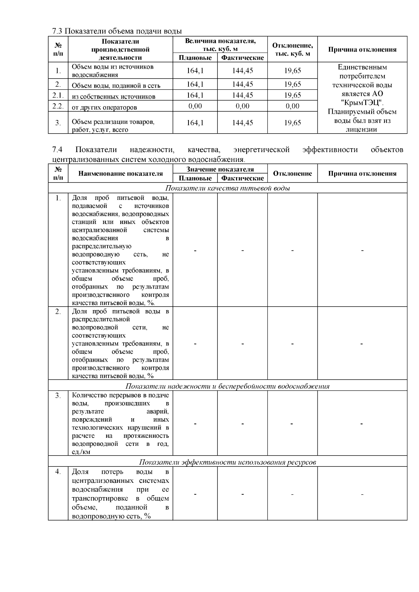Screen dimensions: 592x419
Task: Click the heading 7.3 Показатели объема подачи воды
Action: pyautogui.click(x=117, y=31)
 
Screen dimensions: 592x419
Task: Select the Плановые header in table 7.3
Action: pyautogui.click(x=195, y=58)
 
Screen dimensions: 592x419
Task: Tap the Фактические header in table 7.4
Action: pyautogui.click(x=242, y=178)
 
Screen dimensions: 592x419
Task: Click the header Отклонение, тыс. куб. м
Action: pyautogui.click(x=292, y=50)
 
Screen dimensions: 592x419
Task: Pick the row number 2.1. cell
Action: pyautogui.click(x=58, y=95)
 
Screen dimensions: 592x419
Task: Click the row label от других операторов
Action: pyautogui.click(x=104, y=107)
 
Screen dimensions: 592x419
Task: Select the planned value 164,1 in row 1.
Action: pyautogui.click(x=195, y=70)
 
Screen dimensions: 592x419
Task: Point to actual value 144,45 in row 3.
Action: pyautogui.click(x=242, y=122)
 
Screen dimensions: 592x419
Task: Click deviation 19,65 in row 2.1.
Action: pyautogui.click(x=292, y=95)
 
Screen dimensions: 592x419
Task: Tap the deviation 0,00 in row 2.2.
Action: pyautogui.click(x=292, y=106)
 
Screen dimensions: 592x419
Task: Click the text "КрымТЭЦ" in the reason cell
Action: pyautogui.click(x=362, y=103)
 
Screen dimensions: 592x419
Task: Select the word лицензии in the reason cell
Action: pyautogui.click(x=362, y=129)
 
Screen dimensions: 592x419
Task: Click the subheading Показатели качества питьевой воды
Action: pyautogui.click(x=228, y=188)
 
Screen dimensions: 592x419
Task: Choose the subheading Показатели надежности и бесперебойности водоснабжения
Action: pyautogui.click(x=228, y=386)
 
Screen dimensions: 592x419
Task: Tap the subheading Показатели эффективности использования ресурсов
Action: pyautogui.click(x=228, y=462)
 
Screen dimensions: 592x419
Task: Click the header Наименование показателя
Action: pyautogui.click(x=120, y=173)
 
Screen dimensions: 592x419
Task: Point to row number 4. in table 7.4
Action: pyautogui.click(x=58, y=472)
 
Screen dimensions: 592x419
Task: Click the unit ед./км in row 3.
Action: pyautogui.click(x=81, y=452)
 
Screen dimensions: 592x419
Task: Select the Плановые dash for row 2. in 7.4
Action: pyautogui.click(x=195, y=344)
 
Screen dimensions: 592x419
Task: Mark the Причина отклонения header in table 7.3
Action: pyautogui.click(x=362, y=50)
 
